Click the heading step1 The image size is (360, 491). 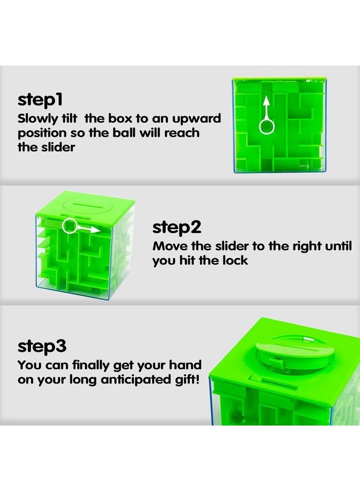point(41,100)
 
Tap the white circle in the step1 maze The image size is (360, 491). point(267,127)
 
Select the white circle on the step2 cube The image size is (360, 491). point(70,226)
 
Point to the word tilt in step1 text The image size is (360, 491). point(78,118)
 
